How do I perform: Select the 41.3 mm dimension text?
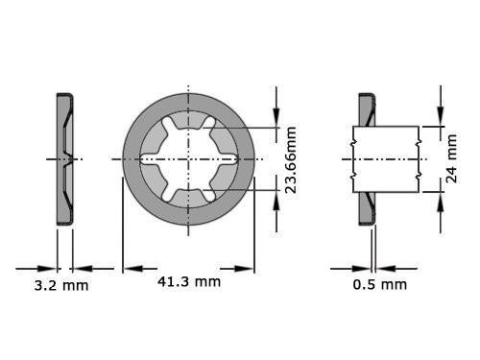pos(189,281)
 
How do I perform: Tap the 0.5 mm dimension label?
pos(379,284)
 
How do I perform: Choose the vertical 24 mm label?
pos(452,159)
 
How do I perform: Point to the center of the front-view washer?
pos(188,158)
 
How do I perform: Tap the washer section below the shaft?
pos(367,207)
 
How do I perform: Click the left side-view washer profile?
pos(64,158)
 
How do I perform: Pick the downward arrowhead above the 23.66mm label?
pos(277,121)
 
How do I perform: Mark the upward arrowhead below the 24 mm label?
pos(440,198)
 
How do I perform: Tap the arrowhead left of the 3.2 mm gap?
pos(50,268)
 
